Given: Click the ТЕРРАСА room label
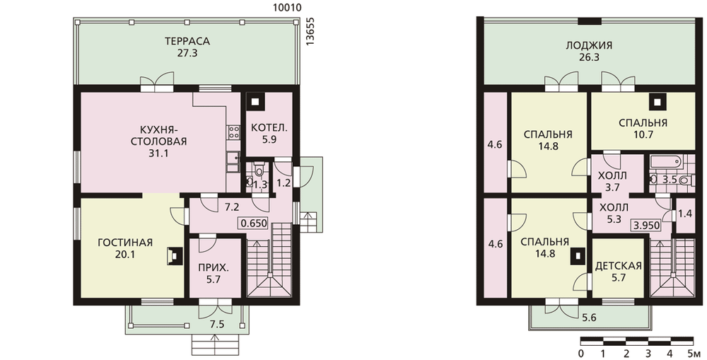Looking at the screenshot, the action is click(x=187, y=42).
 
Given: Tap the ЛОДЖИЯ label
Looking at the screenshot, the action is click(x=589, y=45).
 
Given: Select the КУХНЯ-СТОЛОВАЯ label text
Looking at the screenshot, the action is click(x=158, y=134).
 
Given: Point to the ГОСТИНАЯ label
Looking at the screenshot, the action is click(x=125, y=243).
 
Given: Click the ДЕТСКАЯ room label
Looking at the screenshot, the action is click(x=618, y=266).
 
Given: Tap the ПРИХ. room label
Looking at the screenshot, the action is click(x=213, y=267).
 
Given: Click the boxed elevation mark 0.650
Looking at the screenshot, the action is click(x=253, y=223).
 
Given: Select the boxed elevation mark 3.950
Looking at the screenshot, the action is click(x=647, y=226).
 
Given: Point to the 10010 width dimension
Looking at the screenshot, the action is click(x=287, y=8).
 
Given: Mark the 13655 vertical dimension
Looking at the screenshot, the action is click(x=310, y=32).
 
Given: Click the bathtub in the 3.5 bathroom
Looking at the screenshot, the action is click(x=666, y=161).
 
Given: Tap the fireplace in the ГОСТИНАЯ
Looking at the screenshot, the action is click(x=174, y=256).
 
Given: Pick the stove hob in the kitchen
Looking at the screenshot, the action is click(x=234, y=132).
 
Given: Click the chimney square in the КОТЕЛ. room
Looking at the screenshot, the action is click(x=256, y=102).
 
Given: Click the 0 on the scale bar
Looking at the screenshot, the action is click(x=580, y=353).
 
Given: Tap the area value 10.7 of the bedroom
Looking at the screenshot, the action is click(x=643, y=135).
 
